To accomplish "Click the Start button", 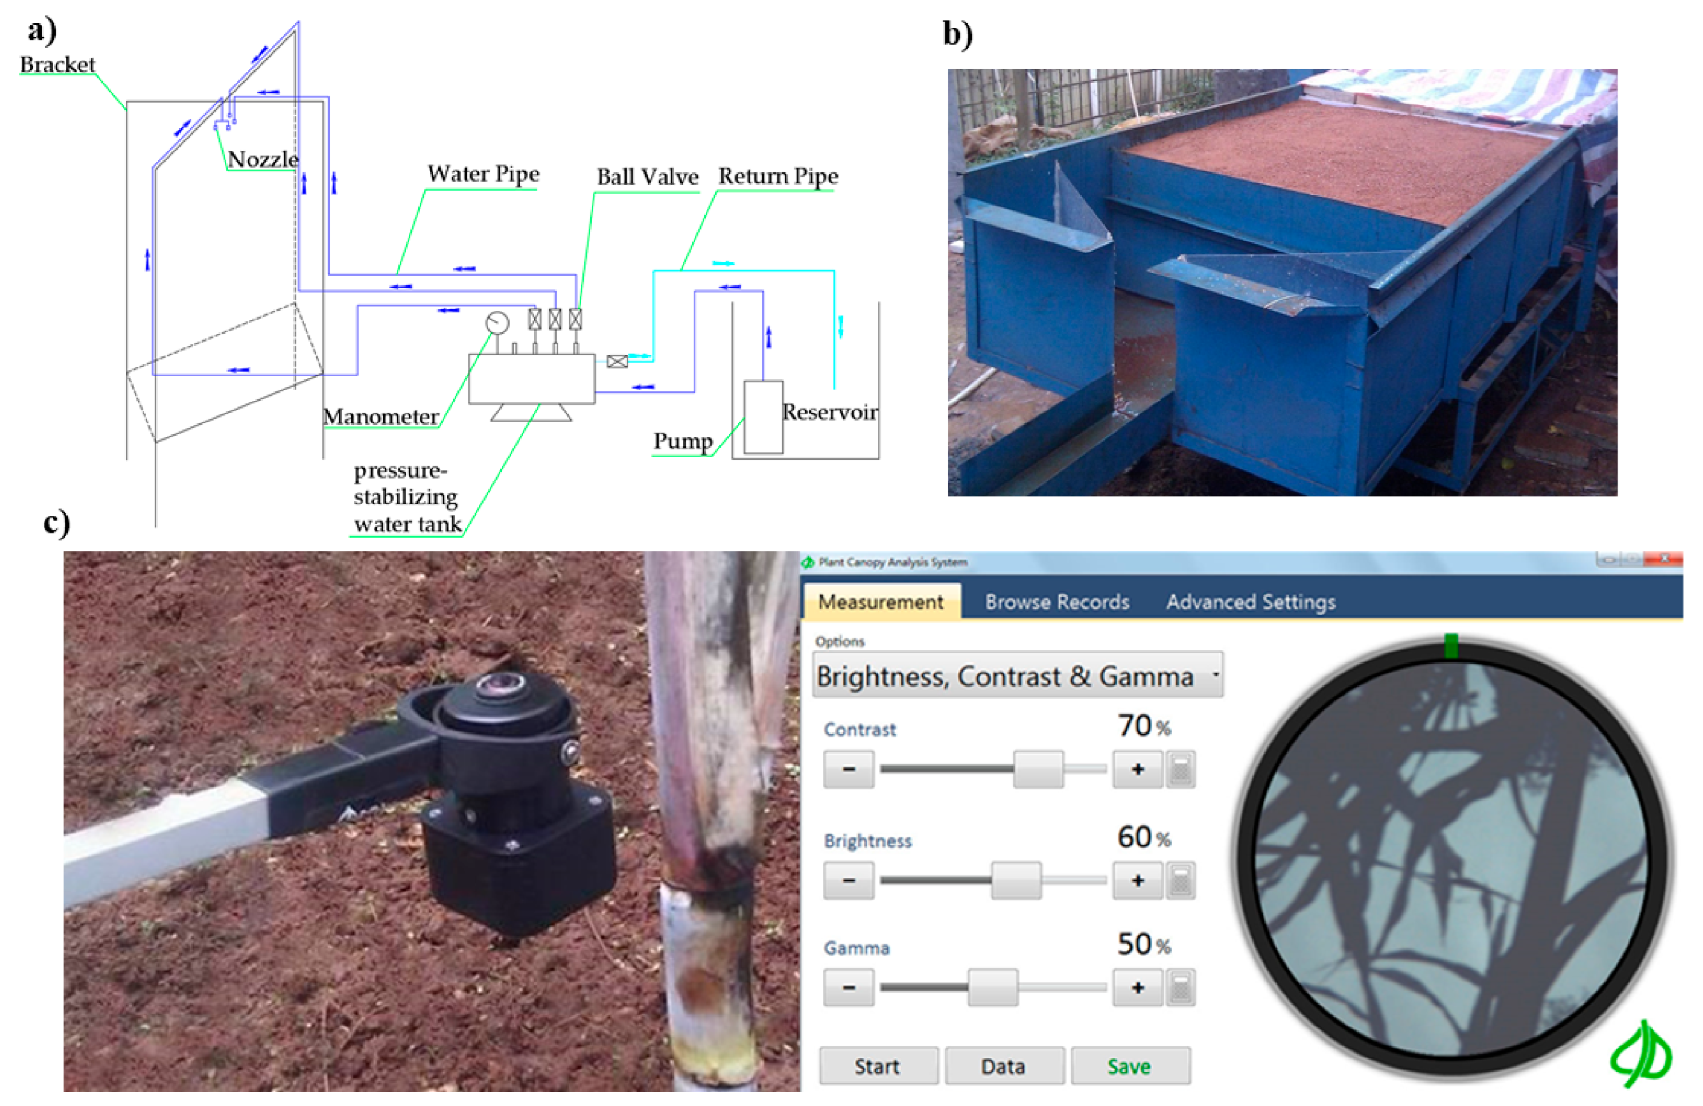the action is point(878,1066).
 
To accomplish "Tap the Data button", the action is point(1003,1066).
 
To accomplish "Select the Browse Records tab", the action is point(1057,602).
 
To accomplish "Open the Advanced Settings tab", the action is point(1251,602).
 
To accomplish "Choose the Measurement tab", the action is point(881,602).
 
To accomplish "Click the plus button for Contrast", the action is point(1137,769).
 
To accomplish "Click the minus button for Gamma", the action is point(849,987).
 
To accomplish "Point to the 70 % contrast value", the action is point(1144,726).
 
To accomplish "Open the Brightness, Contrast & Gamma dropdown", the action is point(1017,675).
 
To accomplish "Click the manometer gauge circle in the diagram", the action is point(498,323).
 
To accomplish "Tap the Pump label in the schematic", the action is point(683,441).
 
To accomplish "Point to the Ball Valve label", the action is point(648,176).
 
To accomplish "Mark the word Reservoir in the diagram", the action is point(829,412).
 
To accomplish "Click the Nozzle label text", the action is point(263,159).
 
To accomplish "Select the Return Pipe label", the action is point(778,176).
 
